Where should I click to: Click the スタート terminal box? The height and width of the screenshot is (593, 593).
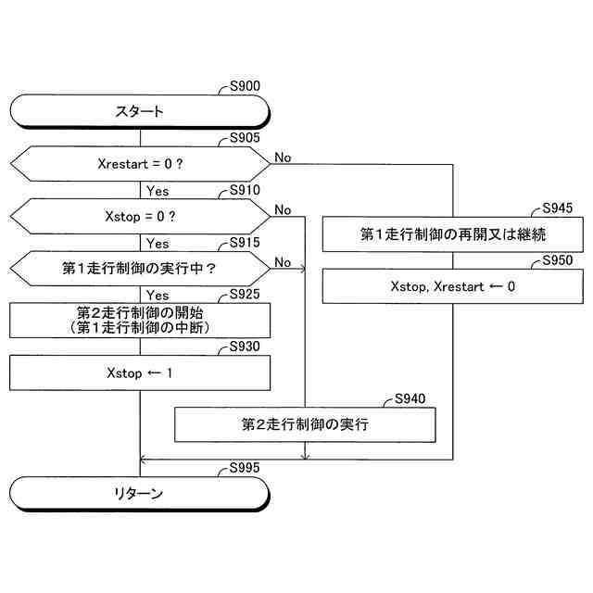click(x=139, y=111)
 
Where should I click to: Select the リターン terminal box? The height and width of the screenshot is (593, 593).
click(x=139, y=493)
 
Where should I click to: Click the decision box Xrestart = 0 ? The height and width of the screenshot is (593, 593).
click(x=139, y=164)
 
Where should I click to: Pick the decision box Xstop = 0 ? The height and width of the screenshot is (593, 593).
click(x=139, y=216)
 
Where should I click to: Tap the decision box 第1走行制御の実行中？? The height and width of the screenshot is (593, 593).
click(x=139, y=268)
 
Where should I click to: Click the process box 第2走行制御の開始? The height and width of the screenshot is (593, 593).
click(x=139, y=321)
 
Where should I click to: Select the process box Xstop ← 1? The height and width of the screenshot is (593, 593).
click(x=139, y=373)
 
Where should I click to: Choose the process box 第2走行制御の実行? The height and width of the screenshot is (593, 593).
click(x=305, y=424)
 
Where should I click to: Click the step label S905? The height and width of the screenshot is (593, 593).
click(x=245, y=139)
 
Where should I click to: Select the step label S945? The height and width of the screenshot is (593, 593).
click(x=558, y=208)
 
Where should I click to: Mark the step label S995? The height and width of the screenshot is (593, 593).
click(x=245, y=470)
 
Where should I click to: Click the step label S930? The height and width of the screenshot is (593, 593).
click(x=245, y=347)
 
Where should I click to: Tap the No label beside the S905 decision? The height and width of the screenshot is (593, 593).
click(x=283, y=158)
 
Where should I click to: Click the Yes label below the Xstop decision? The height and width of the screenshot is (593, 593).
click(x=158, y=244)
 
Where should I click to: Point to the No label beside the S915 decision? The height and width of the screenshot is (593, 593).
click(x=283, y=262)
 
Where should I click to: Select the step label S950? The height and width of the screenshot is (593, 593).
click(x=558, y=261)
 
